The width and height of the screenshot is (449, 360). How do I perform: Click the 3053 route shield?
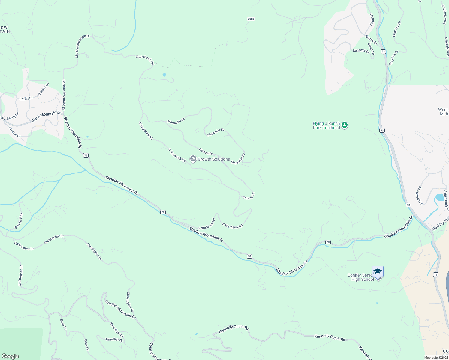[x=251, y=19]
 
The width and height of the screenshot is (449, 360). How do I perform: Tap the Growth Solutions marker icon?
[x=193, y=159]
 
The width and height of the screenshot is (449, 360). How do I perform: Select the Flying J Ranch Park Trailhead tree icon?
[x=345, y=125]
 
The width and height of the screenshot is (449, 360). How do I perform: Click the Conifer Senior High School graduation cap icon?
[x=378, y=271]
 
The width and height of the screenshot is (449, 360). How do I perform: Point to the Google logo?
[x=10, y=356]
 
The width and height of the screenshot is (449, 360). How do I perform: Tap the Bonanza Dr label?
[x=361, y=51]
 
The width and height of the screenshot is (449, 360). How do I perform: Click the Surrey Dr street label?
[x=371, y=40]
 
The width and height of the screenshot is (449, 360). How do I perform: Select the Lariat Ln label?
[x=371, y=48]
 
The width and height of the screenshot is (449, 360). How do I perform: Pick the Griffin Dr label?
[x=26, y=98]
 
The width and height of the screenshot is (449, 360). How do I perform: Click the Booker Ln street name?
[x=43, y=89]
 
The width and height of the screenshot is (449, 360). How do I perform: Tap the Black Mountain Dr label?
[x=46, y=117]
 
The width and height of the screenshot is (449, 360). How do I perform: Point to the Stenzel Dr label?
[x=14, y=132]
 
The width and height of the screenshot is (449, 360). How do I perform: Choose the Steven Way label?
[x=19, y=220]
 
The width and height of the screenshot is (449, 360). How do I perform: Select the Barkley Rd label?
[x=440, y=224]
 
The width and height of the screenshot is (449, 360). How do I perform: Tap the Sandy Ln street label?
[x=13, y=116]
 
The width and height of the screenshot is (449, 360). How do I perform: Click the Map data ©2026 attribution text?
[x=436, y=358]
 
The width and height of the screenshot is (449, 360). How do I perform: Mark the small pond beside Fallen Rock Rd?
[x=440, y=197]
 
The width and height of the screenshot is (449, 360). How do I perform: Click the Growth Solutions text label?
[x=214, y=159]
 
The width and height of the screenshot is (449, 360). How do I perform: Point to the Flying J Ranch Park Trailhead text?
[x=326, y=125]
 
